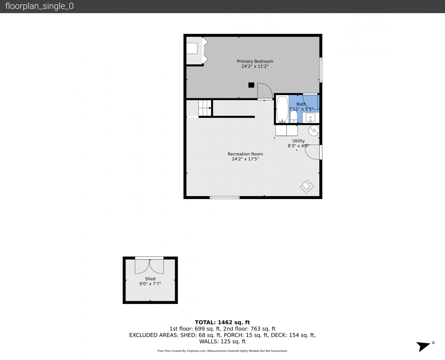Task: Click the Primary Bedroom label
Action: [255, 61]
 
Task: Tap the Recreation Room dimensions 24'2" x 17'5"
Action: [245, 159]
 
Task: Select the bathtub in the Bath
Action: [282, 109]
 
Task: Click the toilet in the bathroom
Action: [294, 117]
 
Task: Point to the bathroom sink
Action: [310, 118]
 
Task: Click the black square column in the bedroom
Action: [251, 85]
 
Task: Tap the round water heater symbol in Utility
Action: [314, 130]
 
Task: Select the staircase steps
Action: [205, 108]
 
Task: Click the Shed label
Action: [150, 279]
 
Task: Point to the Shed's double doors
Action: [149, 266]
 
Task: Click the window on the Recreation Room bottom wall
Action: [225, 197]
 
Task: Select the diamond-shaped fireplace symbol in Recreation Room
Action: [307, 187]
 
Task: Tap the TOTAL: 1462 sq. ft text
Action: [222, 322]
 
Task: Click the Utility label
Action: [298, 141]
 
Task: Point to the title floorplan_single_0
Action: [39, 6]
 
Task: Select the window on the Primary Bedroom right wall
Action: [321, 70]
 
